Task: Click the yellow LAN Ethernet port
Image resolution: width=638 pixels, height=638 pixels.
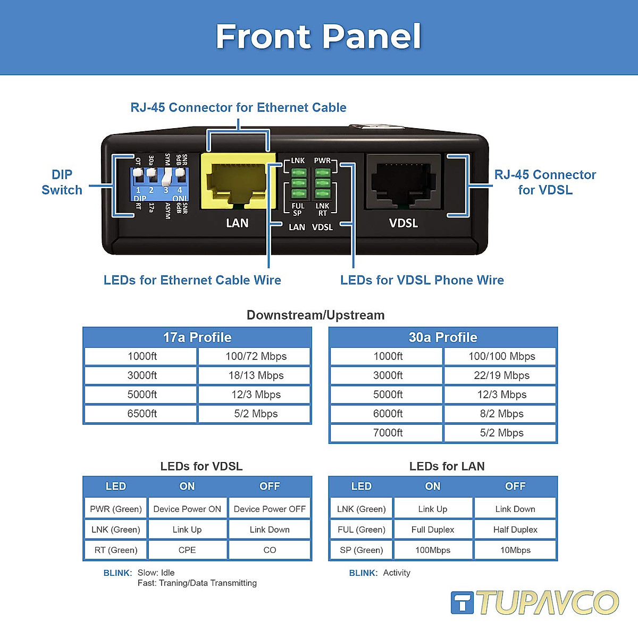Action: pos(238,181)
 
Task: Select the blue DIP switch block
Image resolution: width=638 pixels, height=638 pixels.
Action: pos(160,184)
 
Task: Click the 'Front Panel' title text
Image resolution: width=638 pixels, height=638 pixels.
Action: pos(318,37)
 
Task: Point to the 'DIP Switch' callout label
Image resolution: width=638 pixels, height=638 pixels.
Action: pos(62,182)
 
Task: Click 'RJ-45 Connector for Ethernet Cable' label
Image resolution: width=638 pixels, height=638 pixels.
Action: pos(238,107)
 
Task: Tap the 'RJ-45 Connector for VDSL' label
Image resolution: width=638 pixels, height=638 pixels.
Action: pos(545,182)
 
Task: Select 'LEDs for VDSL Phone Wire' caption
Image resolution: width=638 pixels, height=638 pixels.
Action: pos(422,280)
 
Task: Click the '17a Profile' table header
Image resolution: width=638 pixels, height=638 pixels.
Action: pos(197,338)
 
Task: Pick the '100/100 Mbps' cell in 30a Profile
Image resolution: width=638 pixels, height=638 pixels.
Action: pos(501,356)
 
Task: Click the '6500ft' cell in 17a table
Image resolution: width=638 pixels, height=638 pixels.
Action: pos(142,414)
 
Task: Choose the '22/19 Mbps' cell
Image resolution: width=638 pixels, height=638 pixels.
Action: pos(501,375)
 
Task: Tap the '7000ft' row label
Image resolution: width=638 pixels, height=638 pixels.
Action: pos(388,433)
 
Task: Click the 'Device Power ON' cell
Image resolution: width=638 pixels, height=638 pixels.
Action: pos(187,509)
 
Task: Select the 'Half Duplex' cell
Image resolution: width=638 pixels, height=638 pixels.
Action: pos(515,530)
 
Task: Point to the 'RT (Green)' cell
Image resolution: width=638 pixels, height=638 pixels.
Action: pos(116,550)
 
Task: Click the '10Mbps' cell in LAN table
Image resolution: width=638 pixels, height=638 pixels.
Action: pos(515,550)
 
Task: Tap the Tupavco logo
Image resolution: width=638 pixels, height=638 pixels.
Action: pos(534,602)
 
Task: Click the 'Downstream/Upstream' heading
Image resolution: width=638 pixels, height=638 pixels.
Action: pos(315,315)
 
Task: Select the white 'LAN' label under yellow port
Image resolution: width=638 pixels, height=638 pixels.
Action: pos(237,223)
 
